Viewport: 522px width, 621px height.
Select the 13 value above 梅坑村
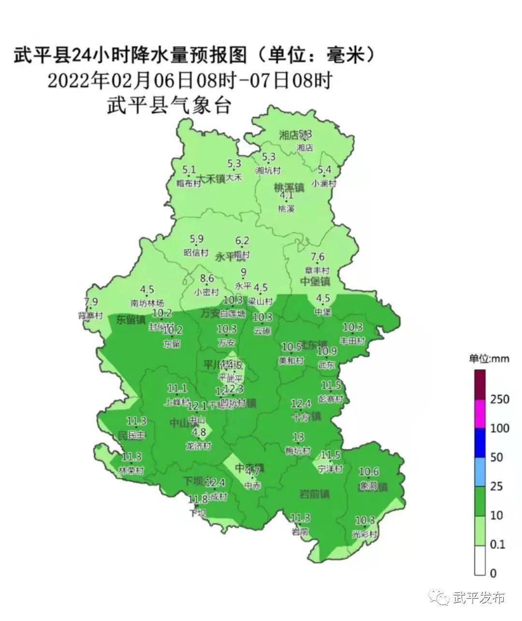tap(298, 437)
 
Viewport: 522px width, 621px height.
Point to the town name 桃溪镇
tap(289, 188)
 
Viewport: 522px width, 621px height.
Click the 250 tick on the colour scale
tap(500, 399)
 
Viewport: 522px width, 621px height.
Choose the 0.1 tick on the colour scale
tap(497, 545)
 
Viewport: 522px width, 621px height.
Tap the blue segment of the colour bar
tap(480, 443)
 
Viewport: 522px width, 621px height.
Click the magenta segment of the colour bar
tap(480, 414)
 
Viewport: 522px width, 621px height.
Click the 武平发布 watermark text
tap(479, 598)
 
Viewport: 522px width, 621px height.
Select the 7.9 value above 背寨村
tap(91, 302)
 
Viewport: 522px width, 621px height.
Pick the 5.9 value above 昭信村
tap(197, 239)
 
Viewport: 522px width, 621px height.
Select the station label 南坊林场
tap(147, 303)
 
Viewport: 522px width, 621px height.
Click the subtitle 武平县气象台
tap(169, 105)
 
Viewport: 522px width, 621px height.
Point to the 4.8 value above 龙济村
tap(200, 432)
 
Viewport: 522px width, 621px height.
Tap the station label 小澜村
tap(324, 184)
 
